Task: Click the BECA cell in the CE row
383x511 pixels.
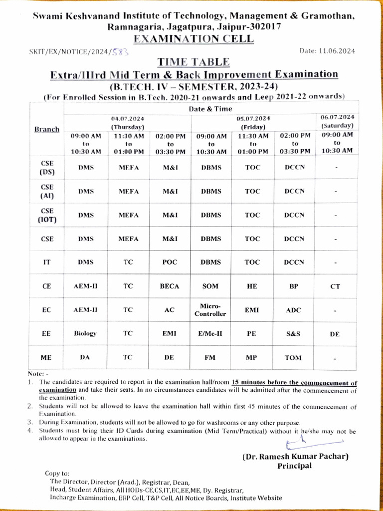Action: [170, 286]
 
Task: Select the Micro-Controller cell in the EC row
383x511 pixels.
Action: [210, 310]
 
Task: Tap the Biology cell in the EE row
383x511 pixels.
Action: [85, 333]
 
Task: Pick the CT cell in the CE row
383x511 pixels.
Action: [336, 286]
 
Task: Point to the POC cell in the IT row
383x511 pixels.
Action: [170, 262]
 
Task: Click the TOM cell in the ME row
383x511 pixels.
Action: [293, 357]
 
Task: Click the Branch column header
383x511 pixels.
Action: [47, 129]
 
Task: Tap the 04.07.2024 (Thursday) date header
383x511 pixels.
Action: [128, 123]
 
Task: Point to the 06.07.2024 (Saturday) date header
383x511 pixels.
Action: [338, 121]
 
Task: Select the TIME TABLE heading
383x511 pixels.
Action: [193, 62]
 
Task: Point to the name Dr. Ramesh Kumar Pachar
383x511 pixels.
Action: [295, 457]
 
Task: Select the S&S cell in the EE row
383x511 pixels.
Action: [293, 334]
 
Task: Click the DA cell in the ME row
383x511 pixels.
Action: [85, 357]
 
